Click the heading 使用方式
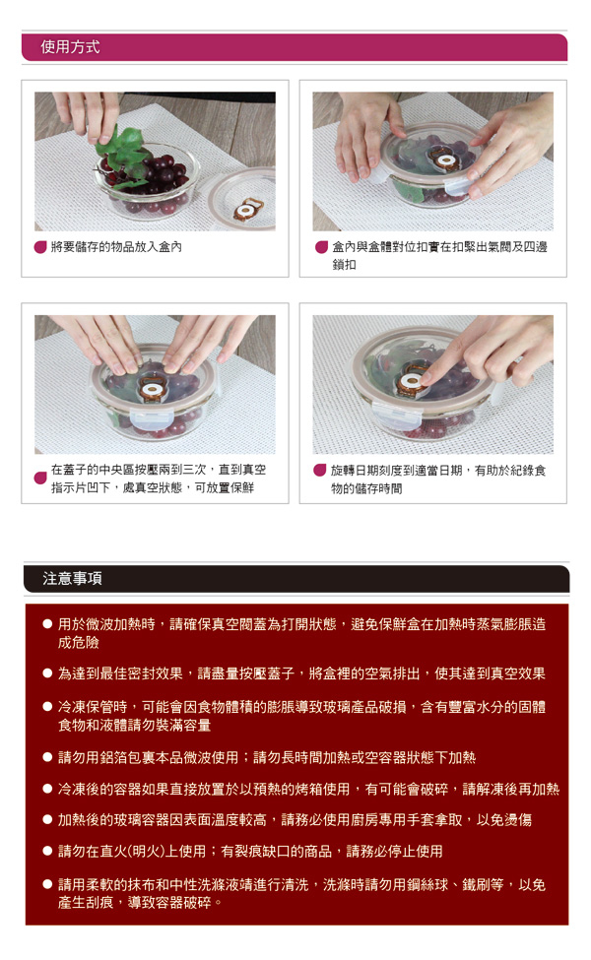click(70, 47)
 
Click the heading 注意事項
click(72, 579)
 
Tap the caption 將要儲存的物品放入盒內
click(116, 247)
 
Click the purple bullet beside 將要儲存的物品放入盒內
click(40, 247)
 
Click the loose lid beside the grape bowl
click(243, 197)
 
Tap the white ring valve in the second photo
click(445, 161)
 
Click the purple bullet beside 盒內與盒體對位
click(321, 247)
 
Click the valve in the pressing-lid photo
click(150, 389)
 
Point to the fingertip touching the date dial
click(427, 380)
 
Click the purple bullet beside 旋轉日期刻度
click(320, 471)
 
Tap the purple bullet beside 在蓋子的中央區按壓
click(40, 478)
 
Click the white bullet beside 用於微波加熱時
click(47, 624)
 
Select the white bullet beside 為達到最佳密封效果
click(47, 673)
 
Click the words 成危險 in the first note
click(79, 643)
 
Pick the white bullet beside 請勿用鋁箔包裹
click(47, 757)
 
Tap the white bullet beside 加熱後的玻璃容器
click(47, 819)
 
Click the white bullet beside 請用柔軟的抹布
click(47, 884)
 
